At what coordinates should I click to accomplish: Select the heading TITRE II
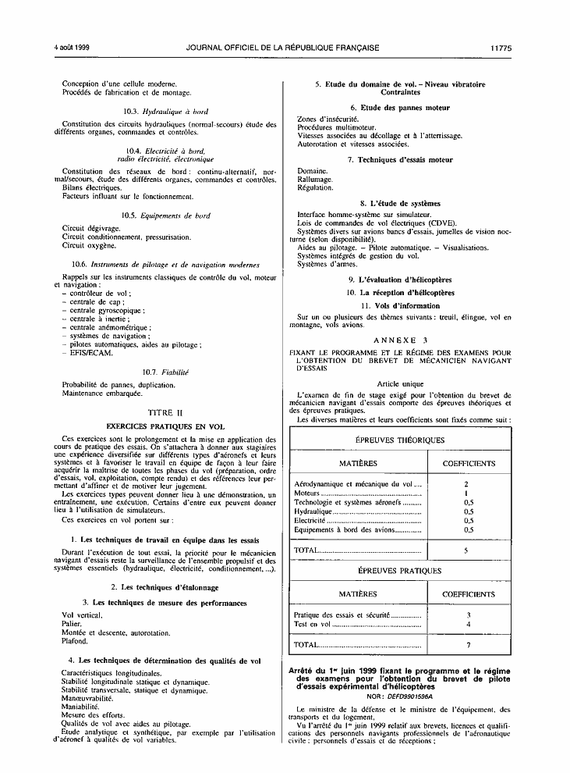(x=169, y=411)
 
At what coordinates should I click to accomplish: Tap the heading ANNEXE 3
(x=401, y=340)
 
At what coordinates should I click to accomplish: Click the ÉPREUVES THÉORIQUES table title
(x=400, y=440)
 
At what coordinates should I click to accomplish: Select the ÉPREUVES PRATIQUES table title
(x=400, y=571)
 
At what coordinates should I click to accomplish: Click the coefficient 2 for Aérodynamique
(x=465, y=484)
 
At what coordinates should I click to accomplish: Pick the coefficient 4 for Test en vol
(x=468, y=625)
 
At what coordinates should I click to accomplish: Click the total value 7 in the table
(x=468, y=645)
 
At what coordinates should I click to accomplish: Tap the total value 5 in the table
(x=465, y=550)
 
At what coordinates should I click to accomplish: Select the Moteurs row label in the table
(x=307, y=493)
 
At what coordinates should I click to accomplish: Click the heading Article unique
(x=399, y=384)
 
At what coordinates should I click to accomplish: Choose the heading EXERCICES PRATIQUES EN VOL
(x=168, y=426)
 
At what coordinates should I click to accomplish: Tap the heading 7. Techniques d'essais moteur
(x=401, y=159)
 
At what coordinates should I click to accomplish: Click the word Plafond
(x=75, y=641)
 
